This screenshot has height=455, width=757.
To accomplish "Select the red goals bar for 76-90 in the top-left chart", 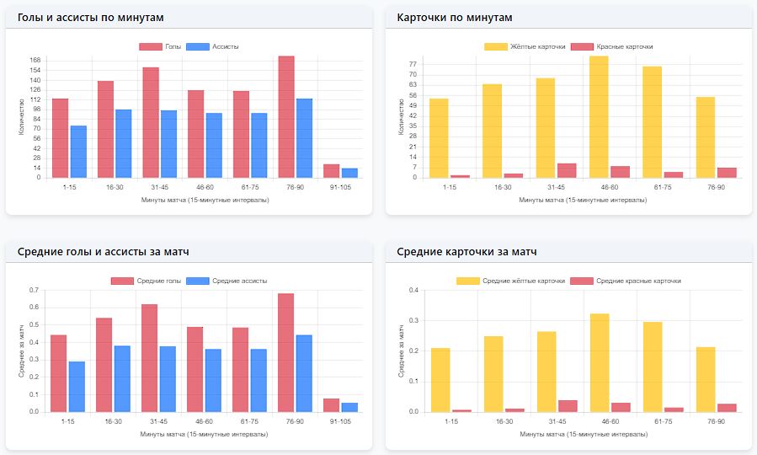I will pyautogui.click(x=286, y=117).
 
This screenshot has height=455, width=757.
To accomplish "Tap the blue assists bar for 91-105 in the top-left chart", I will pyautogui.click(x=349, y=173).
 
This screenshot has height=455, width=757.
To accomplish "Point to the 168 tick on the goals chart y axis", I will pyautogui.click(x=35, y=60).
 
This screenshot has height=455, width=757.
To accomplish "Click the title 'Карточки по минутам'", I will pyautogui.click(x=454, y=18).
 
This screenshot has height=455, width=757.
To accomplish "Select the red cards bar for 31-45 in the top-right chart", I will pyautogui.click(x=567, y=171).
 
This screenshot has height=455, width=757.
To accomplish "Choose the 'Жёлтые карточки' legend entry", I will pyautogui.click(x=527, y=47).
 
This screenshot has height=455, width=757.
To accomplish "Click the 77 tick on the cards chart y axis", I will pyautogui.click(x=413, y=64).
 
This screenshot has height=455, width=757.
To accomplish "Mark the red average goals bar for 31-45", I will pyautogui.click(x=150, y=358).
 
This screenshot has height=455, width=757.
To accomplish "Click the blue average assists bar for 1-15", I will pyautogui.click(x=77, y=387).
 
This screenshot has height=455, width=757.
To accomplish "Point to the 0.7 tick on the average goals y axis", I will pyautogui.click(x=34, y=291).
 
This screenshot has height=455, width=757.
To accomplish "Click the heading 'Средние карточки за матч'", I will pyautogui.click(x=466, y=252).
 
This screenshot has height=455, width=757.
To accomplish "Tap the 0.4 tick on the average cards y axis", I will pyautogui.click(x=413, y=291).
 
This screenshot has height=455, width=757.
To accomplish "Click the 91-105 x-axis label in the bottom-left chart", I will pyautogui.click(x=340, y=420).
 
